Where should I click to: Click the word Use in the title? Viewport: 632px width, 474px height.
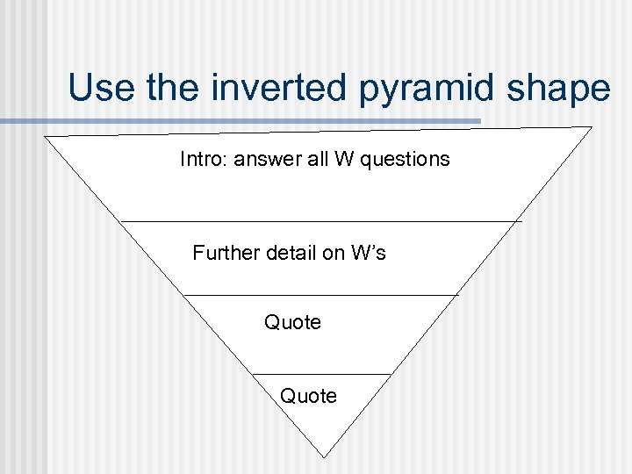coord(100,89)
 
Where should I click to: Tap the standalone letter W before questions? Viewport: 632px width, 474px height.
coord(341,159)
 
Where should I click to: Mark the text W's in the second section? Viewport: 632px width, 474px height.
coord(368,254)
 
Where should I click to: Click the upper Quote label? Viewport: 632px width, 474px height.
coord(292,322)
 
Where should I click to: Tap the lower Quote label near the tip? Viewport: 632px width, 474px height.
coord(308,396)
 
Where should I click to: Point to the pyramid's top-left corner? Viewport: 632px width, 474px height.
coord(45,137)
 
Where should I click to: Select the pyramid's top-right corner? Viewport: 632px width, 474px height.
coord(592,127)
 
